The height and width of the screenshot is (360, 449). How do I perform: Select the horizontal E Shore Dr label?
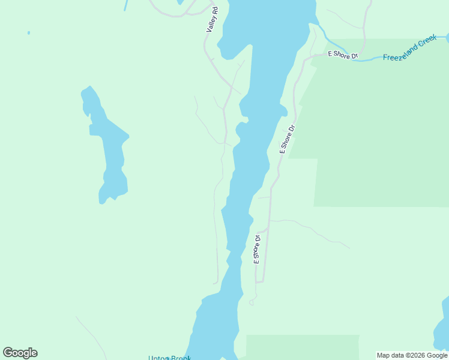point(342,55)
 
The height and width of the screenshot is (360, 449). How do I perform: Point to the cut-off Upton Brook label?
point(170,358)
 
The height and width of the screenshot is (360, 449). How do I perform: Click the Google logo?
point(20,353)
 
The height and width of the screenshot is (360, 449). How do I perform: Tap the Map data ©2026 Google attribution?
point(412,355)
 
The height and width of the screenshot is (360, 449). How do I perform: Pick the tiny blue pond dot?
point(28,32)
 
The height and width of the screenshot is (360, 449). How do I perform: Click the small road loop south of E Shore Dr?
point(252,302)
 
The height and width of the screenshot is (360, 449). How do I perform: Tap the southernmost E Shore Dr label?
point(257,249)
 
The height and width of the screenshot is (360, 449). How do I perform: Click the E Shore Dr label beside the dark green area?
point(287,139)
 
